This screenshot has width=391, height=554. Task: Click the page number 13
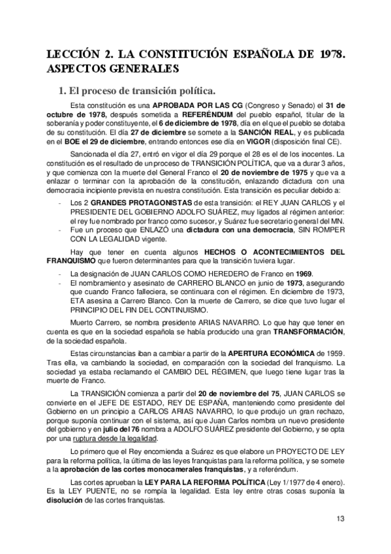(340, 519)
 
